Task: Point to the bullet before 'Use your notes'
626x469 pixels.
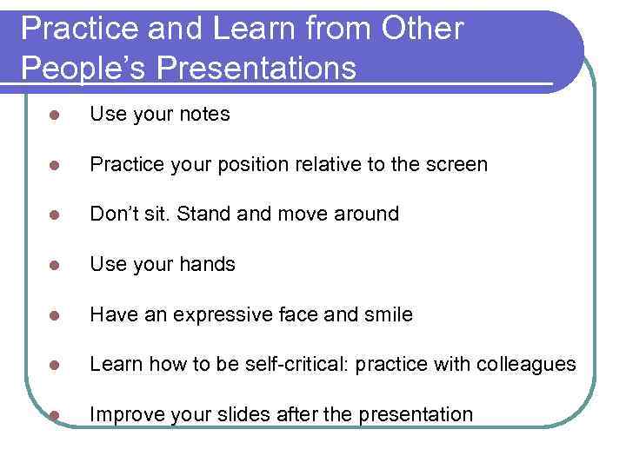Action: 53,115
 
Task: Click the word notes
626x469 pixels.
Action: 204,114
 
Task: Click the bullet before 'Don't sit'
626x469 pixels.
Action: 53,215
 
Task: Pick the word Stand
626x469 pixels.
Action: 207,214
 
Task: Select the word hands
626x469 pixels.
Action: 208,264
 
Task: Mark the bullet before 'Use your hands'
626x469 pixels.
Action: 53,265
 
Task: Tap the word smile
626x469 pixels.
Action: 387,314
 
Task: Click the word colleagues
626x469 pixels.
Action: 529,365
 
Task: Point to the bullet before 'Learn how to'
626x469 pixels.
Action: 53,365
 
